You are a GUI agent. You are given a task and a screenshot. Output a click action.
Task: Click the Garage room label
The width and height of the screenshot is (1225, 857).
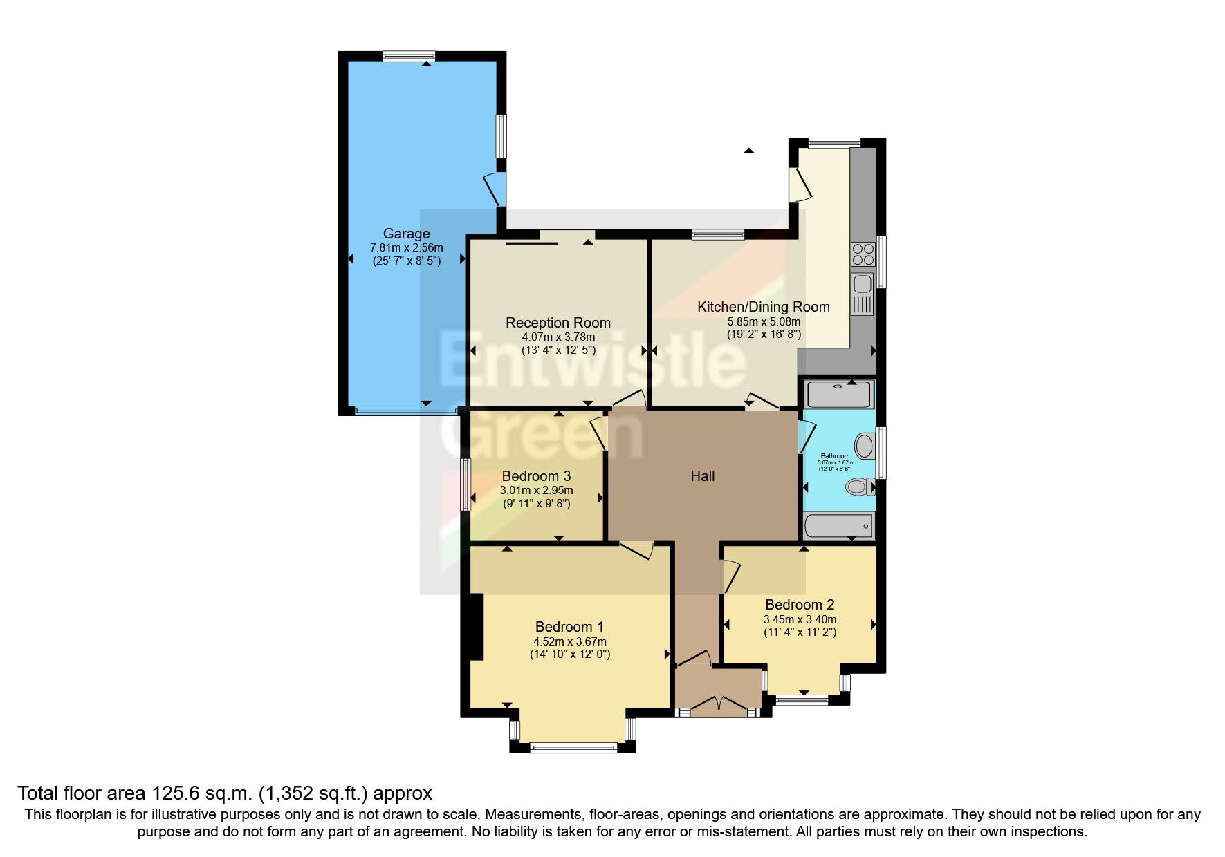[406, 234]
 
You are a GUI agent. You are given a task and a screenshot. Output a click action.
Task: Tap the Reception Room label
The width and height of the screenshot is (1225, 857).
[558, 322]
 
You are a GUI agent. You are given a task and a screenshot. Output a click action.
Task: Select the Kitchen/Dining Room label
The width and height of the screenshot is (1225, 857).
[763, 306]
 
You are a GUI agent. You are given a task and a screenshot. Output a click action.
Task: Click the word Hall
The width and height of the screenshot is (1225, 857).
[702, 475]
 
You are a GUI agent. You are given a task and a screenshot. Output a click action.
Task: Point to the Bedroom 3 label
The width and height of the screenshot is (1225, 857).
[536, 475]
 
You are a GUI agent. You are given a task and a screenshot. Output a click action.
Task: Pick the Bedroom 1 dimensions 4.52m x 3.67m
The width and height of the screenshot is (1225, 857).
[569, 641]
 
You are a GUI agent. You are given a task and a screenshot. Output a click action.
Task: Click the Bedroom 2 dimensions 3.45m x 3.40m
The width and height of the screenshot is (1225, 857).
[800, 619]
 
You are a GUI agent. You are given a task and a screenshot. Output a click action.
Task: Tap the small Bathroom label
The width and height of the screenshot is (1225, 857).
[835, 456]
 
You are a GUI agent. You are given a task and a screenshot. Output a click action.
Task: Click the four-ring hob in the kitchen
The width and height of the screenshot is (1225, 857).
[862, 254]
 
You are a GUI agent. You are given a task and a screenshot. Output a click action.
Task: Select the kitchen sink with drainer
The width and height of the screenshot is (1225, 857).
[862, 294]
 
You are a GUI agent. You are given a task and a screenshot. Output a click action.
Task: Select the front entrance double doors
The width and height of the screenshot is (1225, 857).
[718, 705]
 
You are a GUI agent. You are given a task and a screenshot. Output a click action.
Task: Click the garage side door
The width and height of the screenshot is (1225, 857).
[496, 188]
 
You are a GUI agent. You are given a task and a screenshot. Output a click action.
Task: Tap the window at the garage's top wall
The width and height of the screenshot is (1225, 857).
[409, 57]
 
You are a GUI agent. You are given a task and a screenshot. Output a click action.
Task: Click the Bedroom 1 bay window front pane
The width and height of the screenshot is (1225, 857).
[573, 746]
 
